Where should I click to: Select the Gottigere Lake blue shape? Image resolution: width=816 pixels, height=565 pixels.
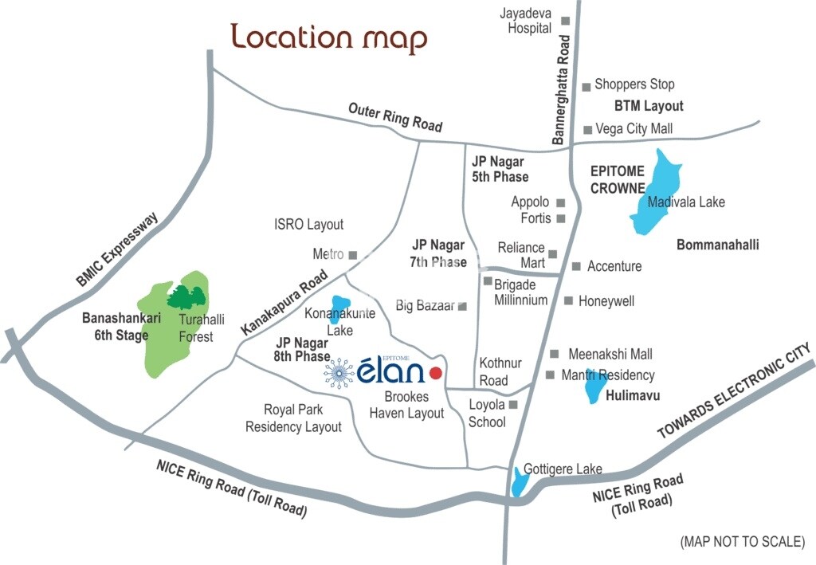click(520, 481)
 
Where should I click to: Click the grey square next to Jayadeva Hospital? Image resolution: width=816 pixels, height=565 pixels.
click(566, 21)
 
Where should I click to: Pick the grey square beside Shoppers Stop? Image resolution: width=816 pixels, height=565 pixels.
click(586, 86)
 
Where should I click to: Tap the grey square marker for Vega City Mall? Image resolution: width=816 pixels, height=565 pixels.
click(587, 129)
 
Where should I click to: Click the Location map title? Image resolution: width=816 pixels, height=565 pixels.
click(328, 37)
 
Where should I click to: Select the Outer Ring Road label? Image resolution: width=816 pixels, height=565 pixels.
click(395, 116)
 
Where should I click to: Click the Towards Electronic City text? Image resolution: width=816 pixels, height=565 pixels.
click(734, 391)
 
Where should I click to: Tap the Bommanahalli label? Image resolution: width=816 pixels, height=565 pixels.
click(717, 245)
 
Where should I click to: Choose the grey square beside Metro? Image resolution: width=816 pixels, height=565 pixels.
click(353, 255)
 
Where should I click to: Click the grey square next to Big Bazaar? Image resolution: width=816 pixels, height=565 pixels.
click(462, 306)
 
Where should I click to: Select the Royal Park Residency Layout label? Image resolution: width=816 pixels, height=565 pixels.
click(293, 418)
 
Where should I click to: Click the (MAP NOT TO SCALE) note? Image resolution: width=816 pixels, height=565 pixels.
click(742, 541)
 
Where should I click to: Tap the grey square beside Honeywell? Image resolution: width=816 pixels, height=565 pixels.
click(569, 300)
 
